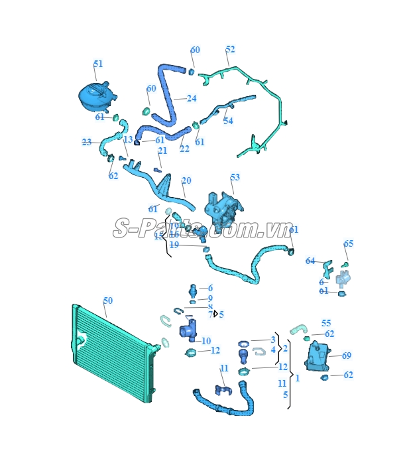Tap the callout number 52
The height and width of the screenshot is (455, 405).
[x=230, y=50]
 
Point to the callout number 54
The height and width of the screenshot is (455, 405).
[x=228, y=121]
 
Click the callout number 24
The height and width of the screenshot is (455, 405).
[x=192, y=99]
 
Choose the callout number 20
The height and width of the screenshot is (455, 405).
[x=186, y=180]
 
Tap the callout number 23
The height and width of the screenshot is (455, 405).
[x=87, y=142]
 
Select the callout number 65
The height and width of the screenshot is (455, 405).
[x=349, y=244]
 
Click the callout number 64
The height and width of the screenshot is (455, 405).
[x=310, y=261]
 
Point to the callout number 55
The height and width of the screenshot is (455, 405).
[x=326, y=323]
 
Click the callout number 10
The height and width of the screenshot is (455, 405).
[x=206, y=341]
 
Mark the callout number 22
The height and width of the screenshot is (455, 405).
[x=184, y=149]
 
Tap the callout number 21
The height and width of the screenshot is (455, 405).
[x=162, y=151]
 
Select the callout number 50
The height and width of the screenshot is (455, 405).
[x=108, y=300]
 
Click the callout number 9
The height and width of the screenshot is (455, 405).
[x=210, y=298]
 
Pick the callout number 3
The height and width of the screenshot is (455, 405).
[x=272, y=340]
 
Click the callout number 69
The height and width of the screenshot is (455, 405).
[x=347, y=356]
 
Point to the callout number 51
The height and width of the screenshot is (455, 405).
[x=98, y=64]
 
